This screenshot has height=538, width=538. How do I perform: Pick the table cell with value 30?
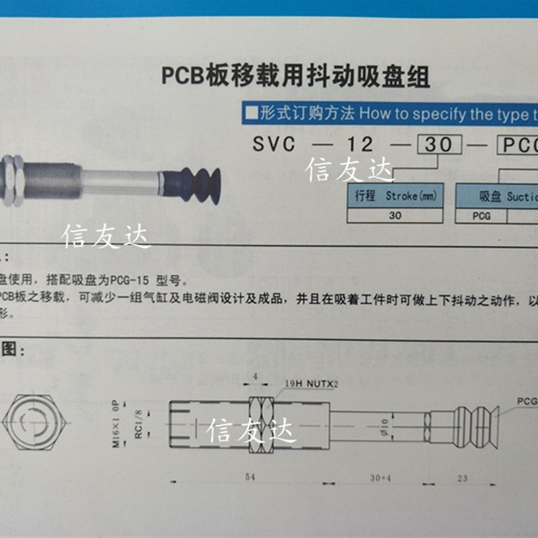(x=395, y=217)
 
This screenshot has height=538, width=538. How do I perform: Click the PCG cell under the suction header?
(x=480, y=217)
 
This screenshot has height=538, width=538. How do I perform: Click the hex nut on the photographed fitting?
(x=13, y=180)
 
